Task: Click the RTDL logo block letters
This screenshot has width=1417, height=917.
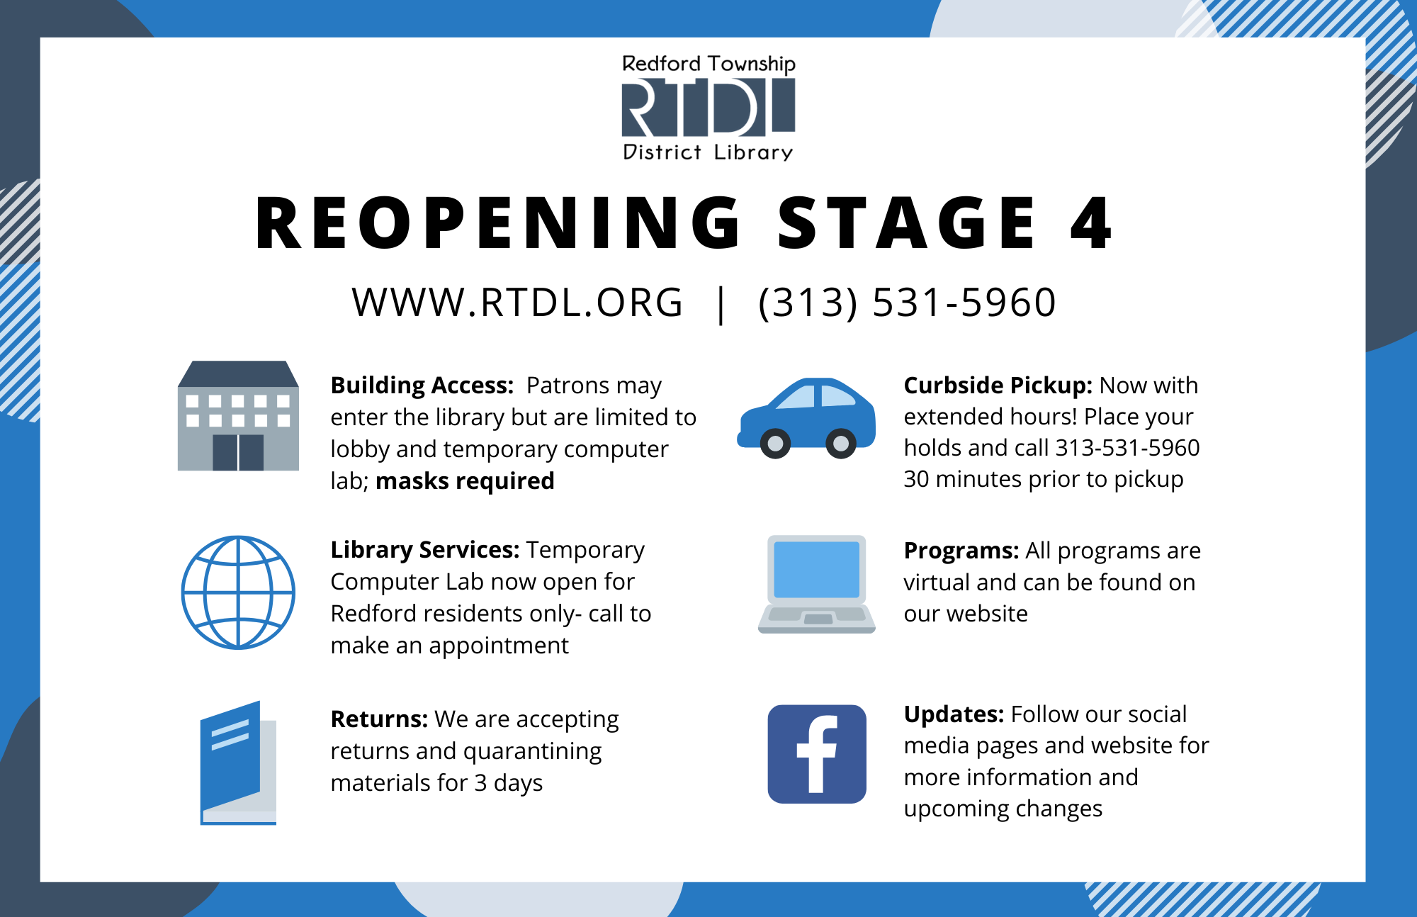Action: [x=708, y=107]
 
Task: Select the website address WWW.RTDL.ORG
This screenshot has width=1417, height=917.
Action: [x=517, y=303]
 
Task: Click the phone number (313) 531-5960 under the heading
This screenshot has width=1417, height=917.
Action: [x=907, y=303]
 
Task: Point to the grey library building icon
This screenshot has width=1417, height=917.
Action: [x=238, y=415]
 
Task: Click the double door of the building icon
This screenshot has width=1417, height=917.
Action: [x=238, y=452]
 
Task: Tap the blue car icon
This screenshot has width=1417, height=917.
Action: [x=806, y=418]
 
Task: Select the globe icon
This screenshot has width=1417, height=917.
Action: [x=238, y=592]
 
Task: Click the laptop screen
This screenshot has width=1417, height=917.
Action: [x=817, y=570]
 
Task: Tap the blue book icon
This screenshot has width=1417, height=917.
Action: [x=238, y=763]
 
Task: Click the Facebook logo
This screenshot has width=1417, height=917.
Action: [x=817, y=754]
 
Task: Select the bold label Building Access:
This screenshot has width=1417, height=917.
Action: [x=422, y=386]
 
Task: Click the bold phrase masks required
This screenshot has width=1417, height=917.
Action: [x=465, y=481]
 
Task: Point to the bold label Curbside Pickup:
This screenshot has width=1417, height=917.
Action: [x=998, y=386]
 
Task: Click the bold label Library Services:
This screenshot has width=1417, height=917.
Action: [x=425, y=550]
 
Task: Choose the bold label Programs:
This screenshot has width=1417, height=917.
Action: [x=961, y=551]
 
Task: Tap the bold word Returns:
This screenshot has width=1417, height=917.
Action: [x=379, y=719]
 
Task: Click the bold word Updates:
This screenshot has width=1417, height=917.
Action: [x=954, y=714]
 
